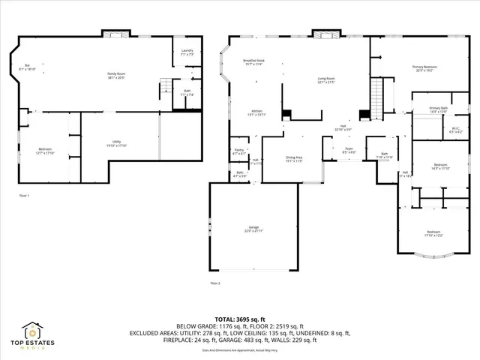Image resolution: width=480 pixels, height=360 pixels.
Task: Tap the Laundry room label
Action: (187, 52)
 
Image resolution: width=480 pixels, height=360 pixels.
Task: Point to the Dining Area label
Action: (294, 158)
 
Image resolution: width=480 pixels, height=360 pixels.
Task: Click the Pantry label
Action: (239, 152)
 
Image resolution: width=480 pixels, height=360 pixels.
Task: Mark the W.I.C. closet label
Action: (454, 130)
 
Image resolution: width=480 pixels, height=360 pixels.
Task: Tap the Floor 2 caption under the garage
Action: (216, 283)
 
